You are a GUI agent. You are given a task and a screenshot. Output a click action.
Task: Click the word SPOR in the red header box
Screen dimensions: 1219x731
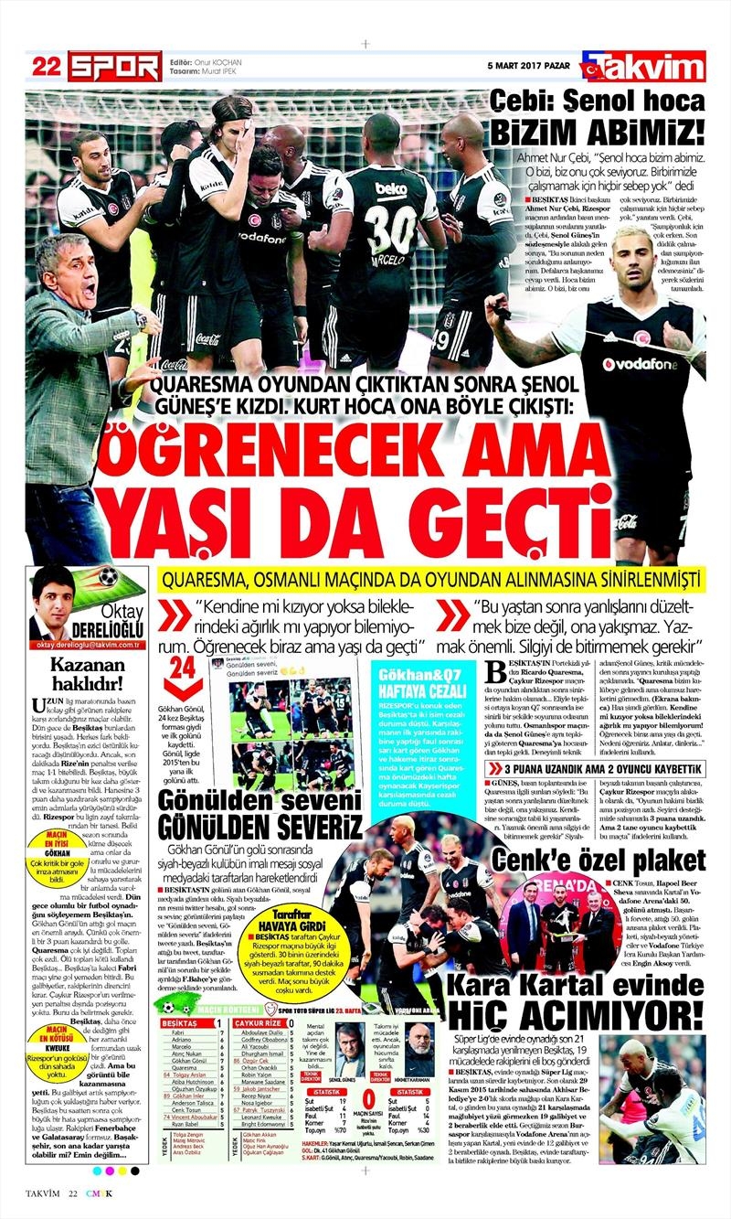[116, 66]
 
